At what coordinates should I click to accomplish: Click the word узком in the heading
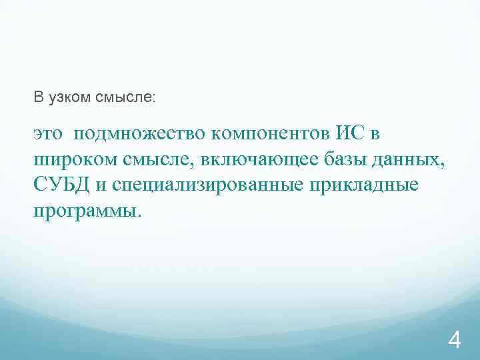click(x=67, y=98)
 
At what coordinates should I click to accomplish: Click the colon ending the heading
click(x=154, y=99)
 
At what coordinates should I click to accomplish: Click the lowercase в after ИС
click(x=375, y=134)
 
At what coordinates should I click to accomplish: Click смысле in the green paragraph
click(x=156, y=159)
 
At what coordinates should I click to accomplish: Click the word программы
click(x=86, y=211)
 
